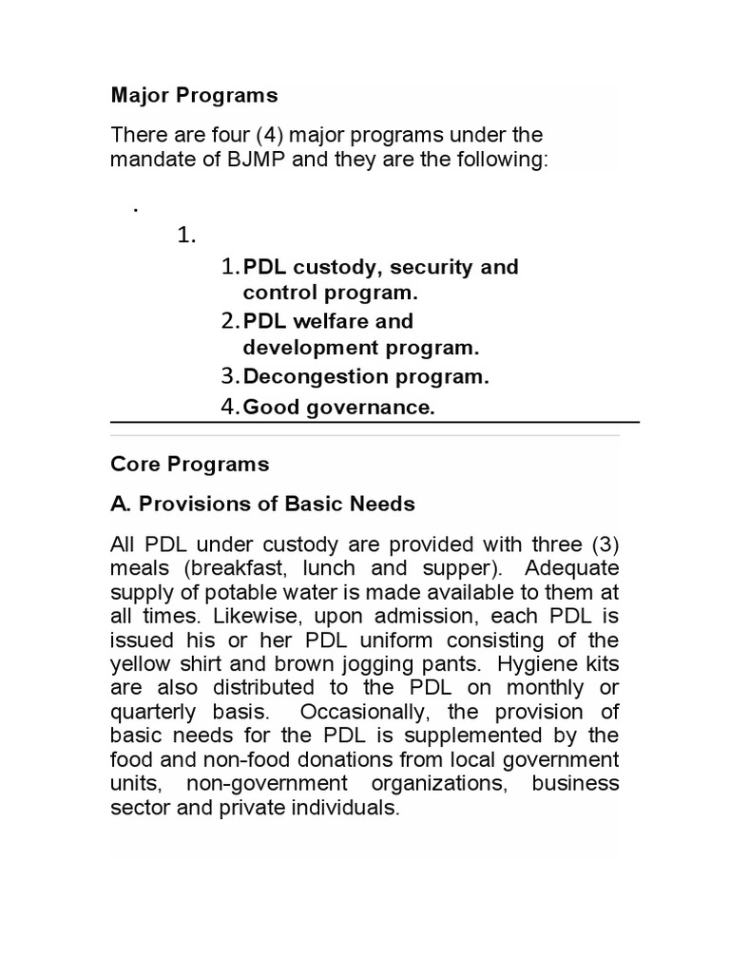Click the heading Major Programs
[x=194, y=95]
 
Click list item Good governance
[x=338, y=408]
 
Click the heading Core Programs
[x=190, y=464]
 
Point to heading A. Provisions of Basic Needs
[x=262, y=504]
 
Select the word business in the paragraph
[x=575, y=784]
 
